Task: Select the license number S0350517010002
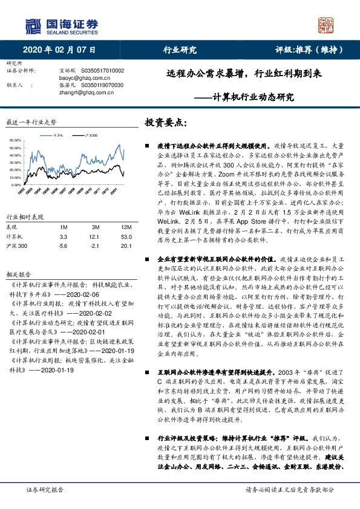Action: point(97,71)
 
